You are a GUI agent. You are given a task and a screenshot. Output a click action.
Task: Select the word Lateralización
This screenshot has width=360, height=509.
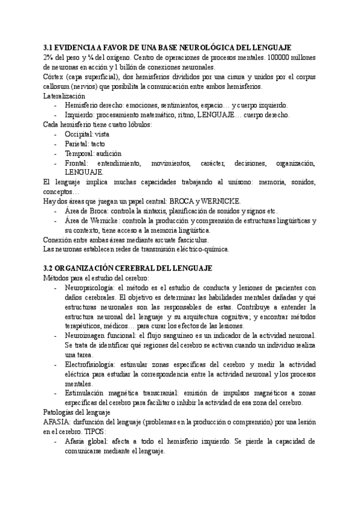[x=64, y=96]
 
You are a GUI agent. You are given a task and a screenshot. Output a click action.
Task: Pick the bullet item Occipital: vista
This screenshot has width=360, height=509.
[x=87, y=134]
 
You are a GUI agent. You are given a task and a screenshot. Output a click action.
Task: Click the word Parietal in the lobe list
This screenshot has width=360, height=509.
[x=76, y=144]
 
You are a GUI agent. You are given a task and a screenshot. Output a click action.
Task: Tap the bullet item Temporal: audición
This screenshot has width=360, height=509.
[x=89, y=154]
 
